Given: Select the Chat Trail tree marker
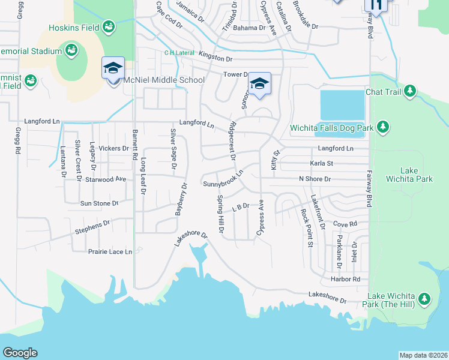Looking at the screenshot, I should (410, 91).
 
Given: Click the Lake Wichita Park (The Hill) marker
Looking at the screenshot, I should (424, 299).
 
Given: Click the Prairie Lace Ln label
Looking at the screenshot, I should (110, 252).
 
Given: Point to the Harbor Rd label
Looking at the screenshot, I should (348, 280).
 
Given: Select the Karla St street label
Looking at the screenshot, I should (321, 163).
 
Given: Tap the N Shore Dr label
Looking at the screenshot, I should (315, 179).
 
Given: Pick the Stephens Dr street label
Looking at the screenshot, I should (92, 227).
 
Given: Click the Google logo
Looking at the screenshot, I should (20, 353).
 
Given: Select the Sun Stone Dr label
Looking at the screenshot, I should (100, 203).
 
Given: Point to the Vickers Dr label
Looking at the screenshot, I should (113, 148).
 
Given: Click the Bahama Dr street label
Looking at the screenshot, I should (249, 28).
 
